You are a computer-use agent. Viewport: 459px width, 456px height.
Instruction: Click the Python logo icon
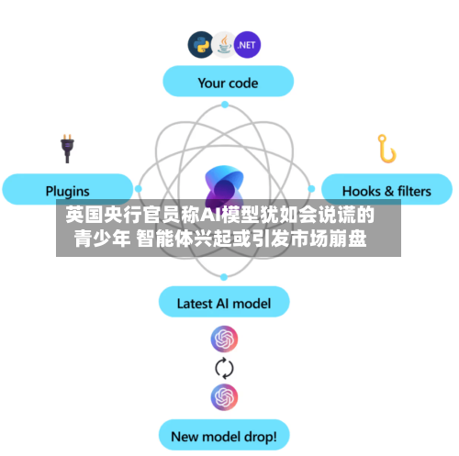point(201,45)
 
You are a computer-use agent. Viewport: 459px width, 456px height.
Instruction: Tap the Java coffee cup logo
point(224,45)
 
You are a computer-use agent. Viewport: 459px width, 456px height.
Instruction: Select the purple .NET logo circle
point(247,45)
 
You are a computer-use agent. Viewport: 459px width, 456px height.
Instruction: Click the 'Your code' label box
point(229,81)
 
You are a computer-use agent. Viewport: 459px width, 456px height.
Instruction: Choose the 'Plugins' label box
point(68,189)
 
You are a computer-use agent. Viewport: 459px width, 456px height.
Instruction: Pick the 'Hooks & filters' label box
point(386,189)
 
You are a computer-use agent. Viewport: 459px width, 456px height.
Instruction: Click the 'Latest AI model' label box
point(224,302)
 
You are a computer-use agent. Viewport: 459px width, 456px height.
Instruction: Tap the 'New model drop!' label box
point(224,435)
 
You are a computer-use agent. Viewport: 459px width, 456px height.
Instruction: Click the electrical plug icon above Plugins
point(67,149)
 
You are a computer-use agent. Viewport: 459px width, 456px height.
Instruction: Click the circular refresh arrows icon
point(224,368)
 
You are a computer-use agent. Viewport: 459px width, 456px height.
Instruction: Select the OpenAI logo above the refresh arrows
point(224,339)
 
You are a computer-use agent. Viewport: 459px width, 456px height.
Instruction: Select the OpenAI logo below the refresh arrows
point(224,397)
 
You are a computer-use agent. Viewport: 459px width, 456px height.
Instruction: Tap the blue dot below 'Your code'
point(225,105)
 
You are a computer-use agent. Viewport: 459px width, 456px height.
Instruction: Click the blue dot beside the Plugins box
point(139,189)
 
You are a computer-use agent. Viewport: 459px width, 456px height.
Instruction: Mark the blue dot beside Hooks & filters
point(311,189)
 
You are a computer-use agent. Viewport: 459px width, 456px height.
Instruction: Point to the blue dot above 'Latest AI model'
point(224,277)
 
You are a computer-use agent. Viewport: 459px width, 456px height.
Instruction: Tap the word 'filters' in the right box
point(414,191)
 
